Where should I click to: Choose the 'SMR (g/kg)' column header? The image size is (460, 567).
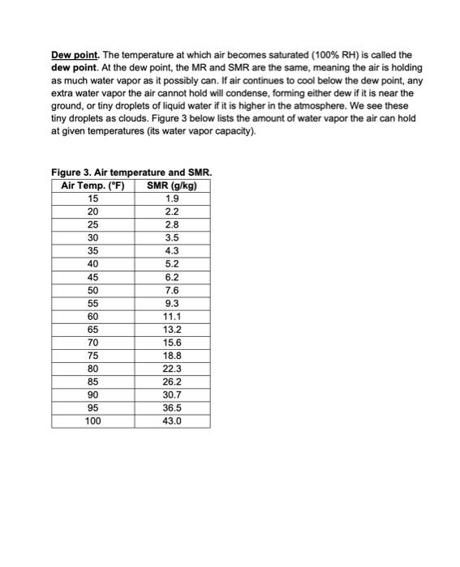[172, 185]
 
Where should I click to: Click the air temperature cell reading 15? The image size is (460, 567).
[93, 198]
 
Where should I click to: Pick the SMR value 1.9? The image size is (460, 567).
[172, 198]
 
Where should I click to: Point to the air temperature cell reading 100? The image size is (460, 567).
[93, 421]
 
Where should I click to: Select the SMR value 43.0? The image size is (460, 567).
[172, 421]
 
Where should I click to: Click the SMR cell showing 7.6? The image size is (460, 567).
[172, 290]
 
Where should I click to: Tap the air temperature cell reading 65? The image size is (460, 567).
[93, 330]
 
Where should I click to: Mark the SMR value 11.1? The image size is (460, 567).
[172, 317]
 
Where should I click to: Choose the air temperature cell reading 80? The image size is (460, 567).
[93, 369]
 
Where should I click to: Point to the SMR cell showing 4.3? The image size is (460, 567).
[172, 251]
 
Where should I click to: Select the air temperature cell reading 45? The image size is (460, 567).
[93, 277]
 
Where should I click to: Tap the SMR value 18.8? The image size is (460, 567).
[172, 356]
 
